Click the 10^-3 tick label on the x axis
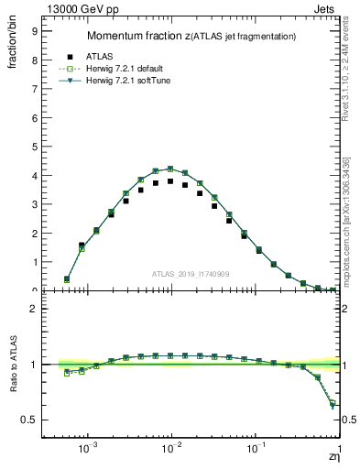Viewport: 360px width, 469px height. click(88, 450)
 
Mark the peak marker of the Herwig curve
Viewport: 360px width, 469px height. click(170, 169)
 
